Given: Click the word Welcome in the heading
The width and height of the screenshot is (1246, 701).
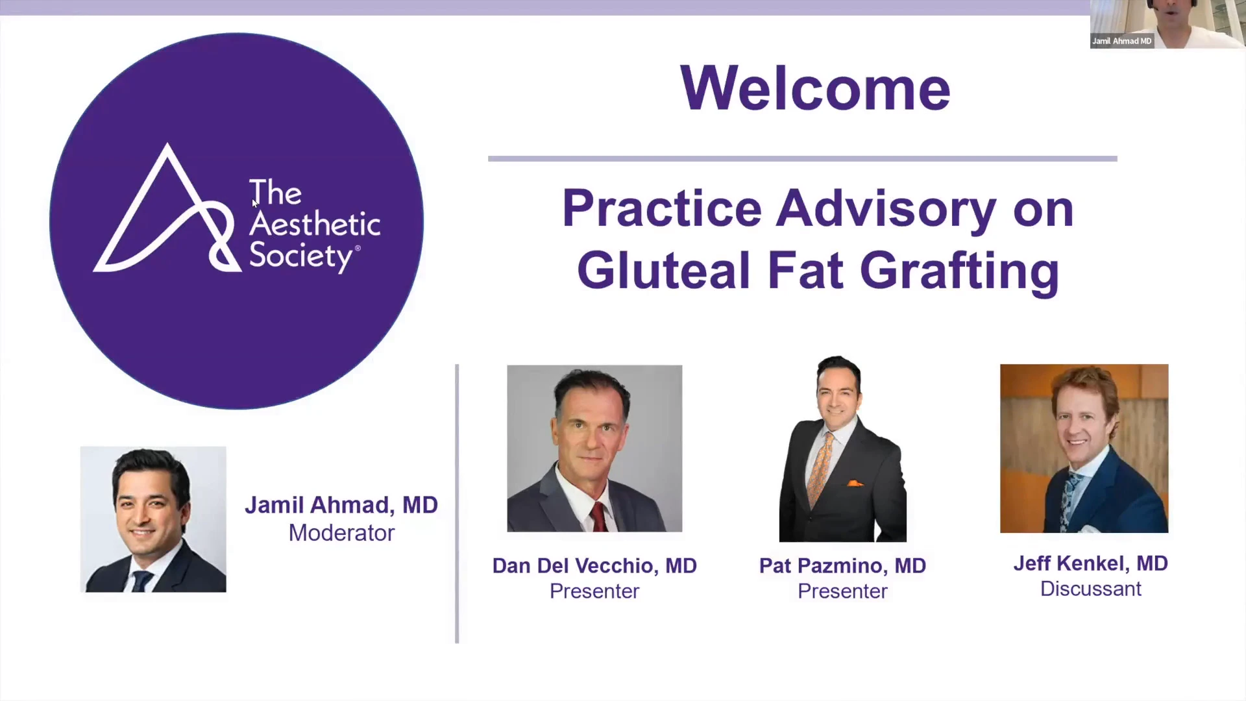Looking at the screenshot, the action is pyautogui.click(x=815, y=88).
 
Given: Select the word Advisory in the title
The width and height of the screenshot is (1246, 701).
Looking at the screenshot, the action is pyautogui.click(x=886, y=210).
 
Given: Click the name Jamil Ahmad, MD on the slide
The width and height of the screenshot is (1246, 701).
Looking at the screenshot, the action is pyautogui.click(x=341, y=505).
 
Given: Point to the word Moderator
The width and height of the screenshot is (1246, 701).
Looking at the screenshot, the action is pyautogui.click(x=341, y=533).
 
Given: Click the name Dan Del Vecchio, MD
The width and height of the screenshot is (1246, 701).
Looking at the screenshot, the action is pyautogui.click(x=594, y=565).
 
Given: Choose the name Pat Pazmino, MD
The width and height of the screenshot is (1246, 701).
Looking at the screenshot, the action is pyautogui.click(x=842, y=565).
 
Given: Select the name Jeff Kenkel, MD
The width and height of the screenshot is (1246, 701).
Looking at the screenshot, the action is pyautogui.click(x=1090, y=563).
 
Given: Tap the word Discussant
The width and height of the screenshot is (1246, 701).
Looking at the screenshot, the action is pyautogui.click(x=1090, y=589).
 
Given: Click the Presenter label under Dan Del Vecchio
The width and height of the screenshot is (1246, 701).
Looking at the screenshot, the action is pyautogui.click(x=594, y=591).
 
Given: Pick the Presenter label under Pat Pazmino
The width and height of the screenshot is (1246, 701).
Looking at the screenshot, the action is pyautogui.click(x=842, y=591).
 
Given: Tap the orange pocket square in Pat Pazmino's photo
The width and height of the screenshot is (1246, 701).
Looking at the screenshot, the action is pyautogui.click(x=855, y=483).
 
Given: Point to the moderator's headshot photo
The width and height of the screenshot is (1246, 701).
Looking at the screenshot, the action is pyautogui.click(x=153, y=519).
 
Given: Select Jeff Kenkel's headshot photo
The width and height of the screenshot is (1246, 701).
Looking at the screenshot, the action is pyautogui.click(x=1084, y=449).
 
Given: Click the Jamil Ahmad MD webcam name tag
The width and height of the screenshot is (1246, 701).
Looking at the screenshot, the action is pyautogui.click(x=1121, y=41).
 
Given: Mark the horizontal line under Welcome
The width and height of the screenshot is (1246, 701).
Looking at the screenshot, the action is pyautogui.click(x=803, y=158).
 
